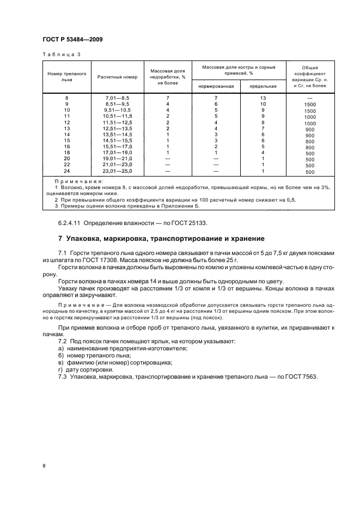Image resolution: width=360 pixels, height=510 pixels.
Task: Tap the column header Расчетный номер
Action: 117,77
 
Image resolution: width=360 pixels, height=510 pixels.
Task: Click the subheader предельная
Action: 263,86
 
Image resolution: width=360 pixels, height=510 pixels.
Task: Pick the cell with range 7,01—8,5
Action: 118,98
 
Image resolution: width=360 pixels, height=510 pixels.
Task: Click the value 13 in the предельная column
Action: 263,98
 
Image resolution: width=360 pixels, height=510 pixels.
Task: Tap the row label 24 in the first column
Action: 67,171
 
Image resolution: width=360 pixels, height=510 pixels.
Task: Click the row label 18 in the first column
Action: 67,153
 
